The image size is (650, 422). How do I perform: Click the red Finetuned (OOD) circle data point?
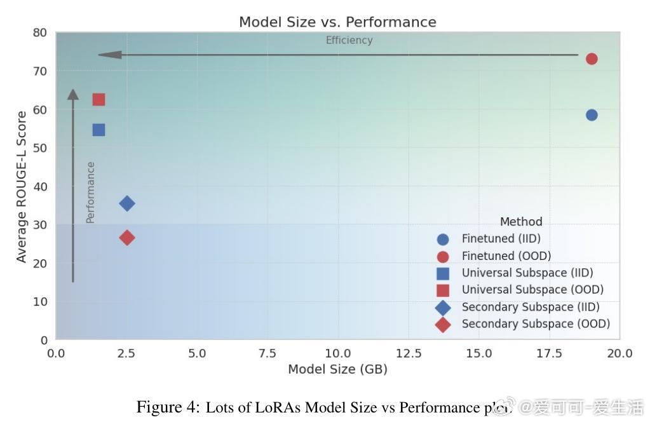(x=592, y=59)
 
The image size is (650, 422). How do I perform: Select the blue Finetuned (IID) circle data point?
(x=592, y=115)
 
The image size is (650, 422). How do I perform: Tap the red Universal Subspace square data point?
(x=98, y=100)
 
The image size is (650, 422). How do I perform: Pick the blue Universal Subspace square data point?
(x=98, y=130)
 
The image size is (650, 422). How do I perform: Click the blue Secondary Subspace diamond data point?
(x=127, y=203)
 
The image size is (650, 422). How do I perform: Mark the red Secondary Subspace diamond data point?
(x=127, y=238)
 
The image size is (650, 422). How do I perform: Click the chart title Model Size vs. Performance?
(x=337, y=22)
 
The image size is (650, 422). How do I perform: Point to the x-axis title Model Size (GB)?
(x=337, y=369)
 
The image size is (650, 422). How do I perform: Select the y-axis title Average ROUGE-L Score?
(x=22, y=187)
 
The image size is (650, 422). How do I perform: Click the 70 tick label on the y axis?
(x=41, y=71)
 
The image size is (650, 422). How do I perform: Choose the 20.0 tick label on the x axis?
(x=619, y=353)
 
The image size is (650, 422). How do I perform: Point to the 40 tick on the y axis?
(x=41, y=187)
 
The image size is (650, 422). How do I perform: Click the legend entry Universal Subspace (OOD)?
(x=532, y=290)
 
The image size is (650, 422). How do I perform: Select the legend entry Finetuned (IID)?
(x=501, y=239)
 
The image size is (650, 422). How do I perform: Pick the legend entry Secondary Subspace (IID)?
(x=531, y=307)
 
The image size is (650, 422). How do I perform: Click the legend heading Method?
(x=521, y=222)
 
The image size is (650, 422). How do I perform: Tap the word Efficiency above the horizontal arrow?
(x=349, y=41)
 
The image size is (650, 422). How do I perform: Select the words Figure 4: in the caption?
(x=168, y=407)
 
